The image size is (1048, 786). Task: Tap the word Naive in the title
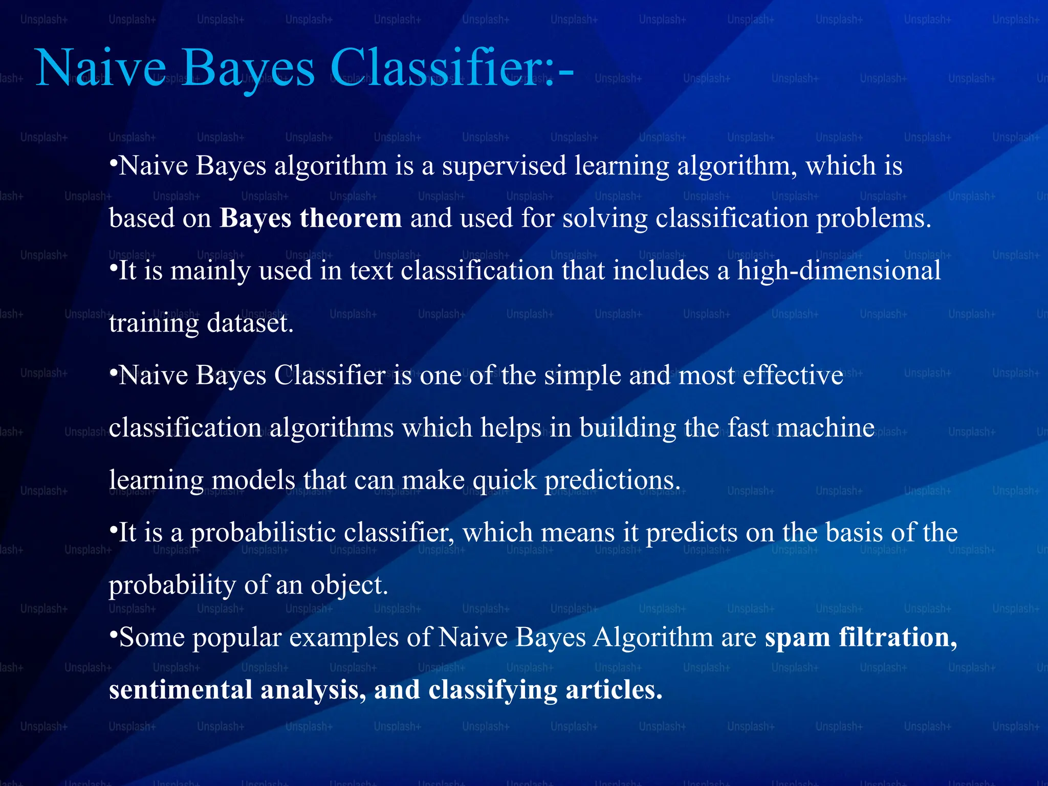101,68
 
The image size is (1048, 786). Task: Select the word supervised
504,166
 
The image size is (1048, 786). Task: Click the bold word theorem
351,219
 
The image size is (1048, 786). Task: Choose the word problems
873,219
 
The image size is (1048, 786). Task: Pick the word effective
793,375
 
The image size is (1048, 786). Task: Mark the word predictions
612,481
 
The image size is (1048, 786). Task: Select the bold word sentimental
181,690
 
